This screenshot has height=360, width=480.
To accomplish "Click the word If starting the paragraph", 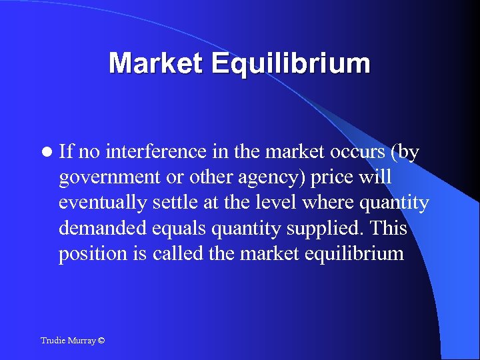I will click(65, 152).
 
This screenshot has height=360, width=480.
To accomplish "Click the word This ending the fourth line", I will click(389, 228).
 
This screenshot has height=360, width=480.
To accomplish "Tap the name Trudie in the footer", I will click(53, 341).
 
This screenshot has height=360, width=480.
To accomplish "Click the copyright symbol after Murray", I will click(101, 341).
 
